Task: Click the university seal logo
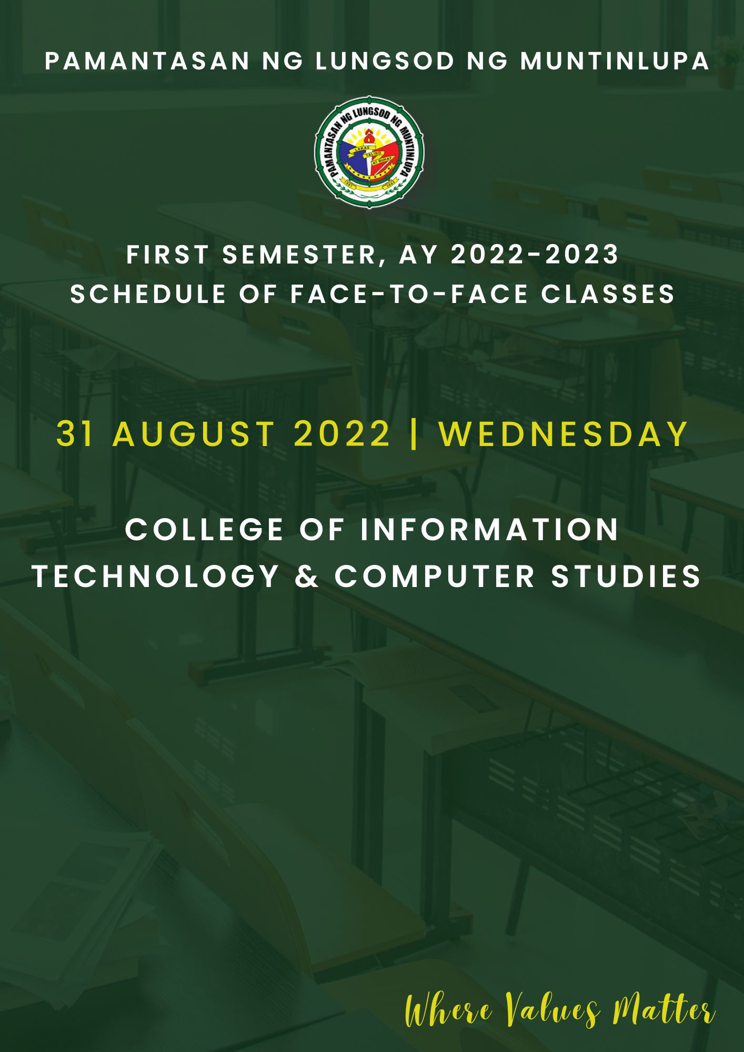tap(369, 152)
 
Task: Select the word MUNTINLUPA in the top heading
tap(615, 62)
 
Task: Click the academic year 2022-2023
tap(535, 255)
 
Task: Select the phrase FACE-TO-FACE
tap(409, 294)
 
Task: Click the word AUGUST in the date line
tap(194, 434)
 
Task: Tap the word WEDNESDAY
tap(563, 434)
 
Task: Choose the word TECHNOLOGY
tap(156, 576)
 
